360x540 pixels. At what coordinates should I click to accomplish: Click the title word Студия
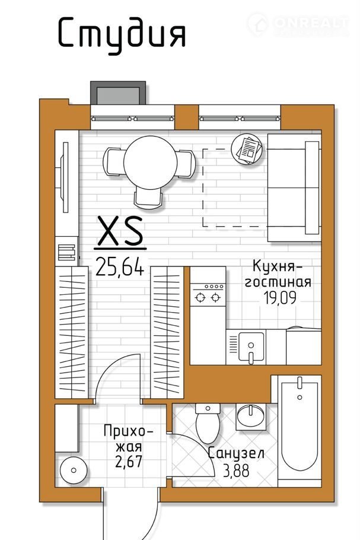122,35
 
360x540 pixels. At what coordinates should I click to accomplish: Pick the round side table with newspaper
246,149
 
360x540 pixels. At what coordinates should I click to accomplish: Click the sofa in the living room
294,188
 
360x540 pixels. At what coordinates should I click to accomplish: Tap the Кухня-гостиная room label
278,274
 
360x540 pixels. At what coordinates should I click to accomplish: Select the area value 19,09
280,297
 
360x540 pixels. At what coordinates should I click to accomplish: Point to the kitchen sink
251,346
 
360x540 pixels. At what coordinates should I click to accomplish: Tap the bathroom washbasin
251,417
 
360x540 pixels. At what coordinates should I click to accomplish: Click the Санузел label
236,453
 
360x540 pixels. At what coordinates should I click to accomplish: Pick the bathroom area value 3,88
236,471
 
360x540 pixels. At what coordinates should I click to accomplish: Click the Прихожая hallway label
128,439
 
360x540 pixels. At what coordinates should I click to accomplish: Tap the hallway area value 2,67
129,462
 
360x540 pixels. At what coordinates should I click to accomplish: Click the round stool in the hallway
74,470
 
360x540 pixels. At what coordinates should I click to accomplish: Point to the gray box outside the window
118,93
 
